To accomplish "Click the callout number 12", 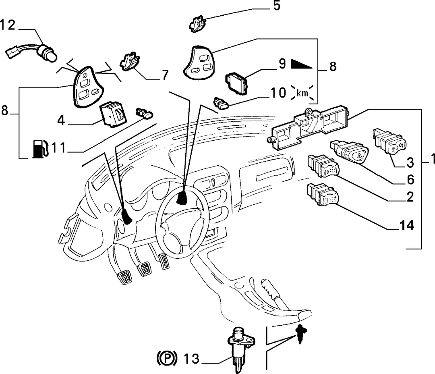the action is (8, 25).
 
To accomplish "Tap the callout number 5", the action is (277, 6).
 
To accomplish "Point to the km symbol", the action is (302, 93).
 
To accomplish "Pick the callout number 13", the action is (192, 359).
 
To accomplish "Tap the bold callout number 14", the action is (407, 225).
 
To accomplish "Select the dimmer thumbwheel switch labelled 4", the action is (113, 115).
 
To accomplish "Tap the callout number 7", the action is (165, 75).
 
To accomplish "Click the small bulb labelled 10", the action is (221, 104).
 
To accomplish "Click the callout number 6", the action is (410, 180).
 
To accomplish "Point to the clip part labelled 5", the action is (197, 24).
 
